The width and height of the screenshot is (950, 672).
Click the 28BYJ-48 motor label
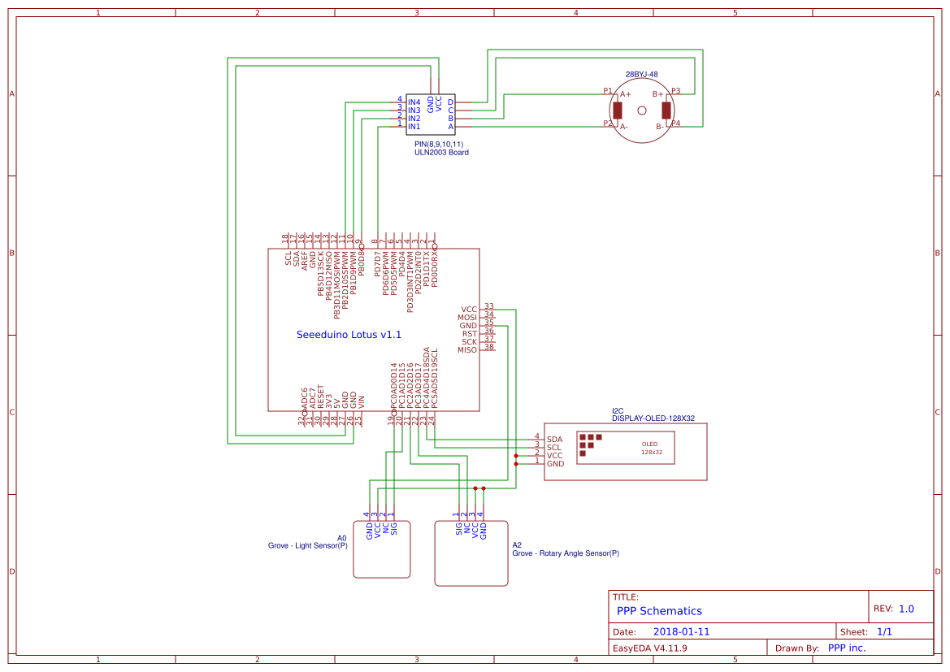point(641,74)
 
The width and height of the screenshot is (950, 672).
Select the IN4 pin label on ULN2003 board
point(414,102)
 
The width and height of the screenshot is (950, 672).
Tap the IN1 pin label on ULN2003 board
point(414,127)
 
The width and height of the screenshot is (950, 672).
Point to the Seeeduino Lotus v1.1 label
point(349,335)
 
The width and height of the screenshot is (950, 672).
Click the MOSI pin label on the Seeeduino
point(466,318)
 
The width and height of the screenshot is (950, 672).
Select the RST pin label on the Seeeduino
point(470,334)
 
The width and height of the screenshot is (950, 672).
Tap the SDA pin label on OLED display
point(554,440)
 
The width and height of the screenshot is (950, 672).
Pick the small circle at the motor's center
point(642,111)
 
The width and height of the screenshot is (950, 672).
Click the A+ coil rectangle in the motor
point(618,111)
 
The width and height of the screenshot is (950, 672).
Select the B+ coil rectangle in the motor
point(666,111)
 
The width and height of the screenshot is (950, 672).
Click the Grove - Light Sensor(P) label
point(307,546)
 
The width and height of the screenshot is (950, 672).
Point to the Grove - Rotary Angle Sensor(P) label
point(565,553)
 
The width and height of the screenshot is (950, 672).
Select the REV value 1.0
point(906,609)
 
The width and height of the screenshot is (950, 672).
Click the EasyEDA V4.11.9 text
point(649,648)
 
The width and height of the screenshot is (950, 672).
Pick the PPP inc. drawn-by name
point(847,648)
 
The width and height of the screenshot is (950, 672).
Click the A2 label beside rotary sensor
point(517,544)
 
